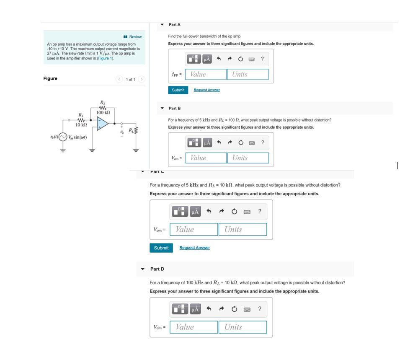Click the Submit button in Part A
(178, 90)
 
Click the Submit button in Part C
(161, 248)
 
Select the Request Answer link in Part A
(206, 90)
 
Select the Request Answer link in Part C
(194, 248)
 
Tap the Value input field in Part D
(194, 327)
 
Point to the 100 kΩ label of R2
(103, 112)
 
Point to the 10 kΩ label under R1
(81, 125)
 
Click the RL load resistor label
(132, 129)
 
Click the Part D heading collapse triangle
(143, 269)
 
